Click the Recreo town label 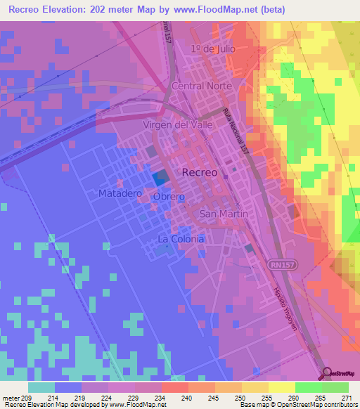[200, 172]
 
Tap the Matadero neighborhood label [121, 193]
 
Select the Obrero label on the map [169, 197]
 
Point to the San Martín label [224, 214]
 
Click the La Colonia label [181, 239]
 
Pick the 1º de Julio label [212, 48]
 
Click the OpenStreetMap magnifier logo [326, 372]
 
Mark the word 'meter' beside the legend [11, 398]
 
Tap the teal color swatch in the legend [41, 387]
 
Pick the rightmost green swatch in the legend [335, 387]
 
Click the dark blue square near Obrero [161, 178]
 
